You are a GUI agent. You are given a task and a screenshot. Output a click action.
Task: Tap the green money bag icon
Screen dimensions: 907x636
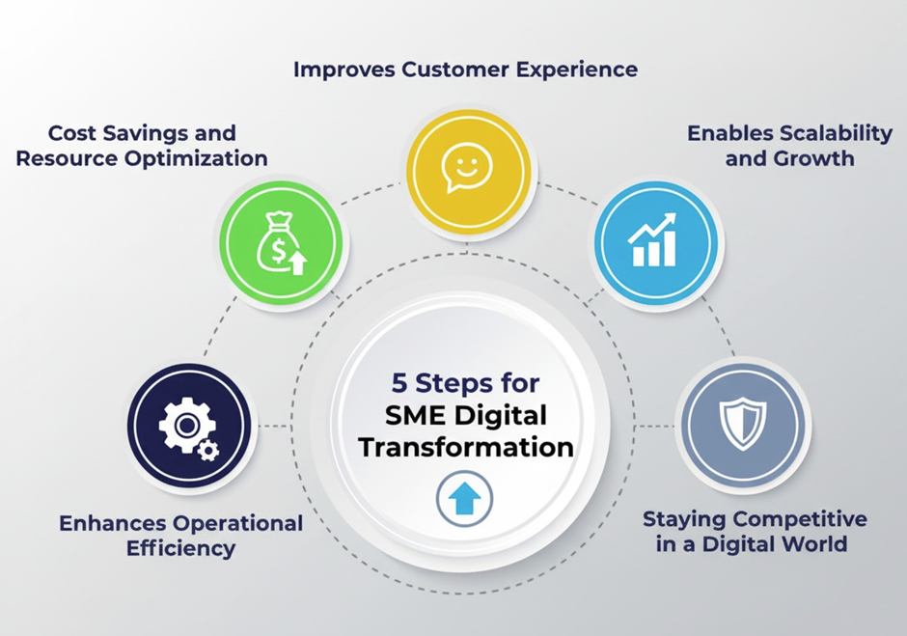pos(282,242)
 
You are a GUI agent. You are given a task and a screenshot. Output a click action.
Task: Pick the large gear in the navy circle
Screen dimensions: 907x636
pos(186,426)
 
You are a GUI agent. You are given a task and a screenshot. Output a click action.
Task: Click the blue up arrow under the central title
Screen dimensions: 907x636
pos(464,498)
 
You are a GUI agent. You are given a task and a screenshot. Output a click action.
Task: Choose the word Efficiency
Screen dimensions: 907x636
pos(181,548)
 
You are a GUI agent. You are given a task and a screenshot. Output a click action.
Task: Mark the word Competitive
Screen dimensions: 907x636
pos(801,518)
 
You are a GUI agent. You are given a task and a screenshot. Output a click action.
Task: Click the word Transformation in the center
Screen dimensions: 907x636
pos(466,448)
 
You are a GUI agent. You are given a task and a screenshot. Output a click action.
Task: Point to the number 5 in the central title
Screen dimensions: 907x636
pos(399,383)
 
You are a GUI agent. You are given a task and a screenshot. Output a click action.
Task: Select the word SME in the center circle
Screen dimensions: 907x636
pos(415,416)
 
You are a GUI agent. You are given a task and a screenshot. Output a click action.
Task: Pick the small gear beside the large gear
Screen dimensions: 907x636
pos(208,450)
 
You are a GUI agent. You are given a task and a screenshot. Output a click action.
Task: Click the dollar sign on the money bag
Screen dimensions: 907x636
pos(278,251)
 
